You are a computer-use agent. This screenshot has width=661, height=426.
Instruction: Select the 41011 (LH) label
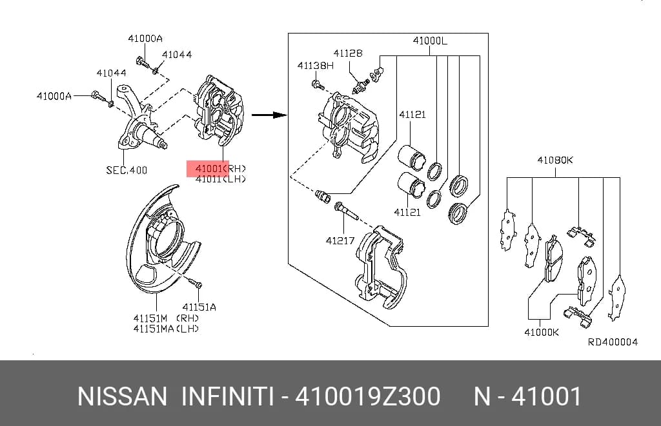point(221,179)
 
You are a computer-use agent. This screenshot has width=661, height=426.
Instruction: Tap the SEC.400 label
point(127,170)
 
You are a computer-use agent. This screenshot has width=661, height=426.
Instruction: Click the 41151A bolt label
point(199,307)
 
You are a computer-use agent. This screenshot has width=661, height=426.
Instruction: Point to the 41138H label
point(315,65)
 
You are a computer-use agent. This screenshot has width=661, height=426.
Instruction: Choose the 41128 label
point(348,53)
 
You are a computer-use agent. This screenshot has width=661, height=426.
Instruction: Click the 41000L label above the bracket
point(430,41)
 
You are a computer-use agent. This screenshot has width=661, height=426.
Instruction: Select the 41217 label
point(340,241)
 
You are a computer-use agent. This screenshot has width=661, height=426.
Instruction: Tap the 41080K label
point(554,160)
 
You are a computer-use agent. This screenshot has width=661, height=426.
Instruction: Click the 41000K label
point(542,332)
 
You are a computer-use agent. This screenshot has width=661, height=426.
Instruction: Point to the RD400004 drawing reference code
point(613,342)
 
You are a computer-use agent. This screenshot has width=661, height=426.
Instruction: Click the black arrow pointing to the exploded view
point(269,115)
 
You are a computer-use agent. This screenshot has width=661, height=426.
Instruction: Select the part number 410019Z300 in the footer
point(367,396)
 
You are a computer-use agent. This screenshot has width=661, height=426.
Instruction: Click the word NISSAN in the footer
point(122,396)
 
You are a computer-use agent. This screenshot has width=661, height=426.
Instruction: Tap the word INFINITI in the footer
point(225,396)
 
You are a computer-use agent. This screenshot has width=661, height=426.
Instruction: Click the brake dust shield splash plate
point(162,239)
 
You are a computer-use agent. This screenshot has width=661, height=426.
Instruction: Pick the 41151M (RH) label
point(166,318)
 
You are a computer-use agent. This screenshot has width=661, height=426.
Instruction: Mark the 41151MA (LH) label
point(166,328)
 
